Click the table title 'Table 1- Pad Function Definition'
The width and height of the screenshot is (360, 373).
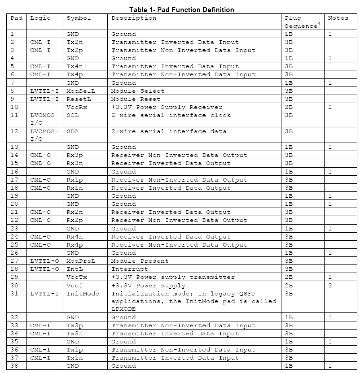coord(181,9)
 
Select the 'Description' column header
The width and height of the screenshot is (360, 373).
coord(134,18)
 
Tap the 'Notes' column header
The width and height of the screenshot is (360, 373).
coord(338,18)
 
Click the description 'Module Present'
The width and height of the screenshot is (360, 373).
coord(140,261)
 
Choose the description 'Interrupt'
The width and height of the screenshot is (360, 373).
coord(130,269)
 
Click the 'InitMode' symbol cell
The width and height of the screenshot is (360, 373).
coord(83,293)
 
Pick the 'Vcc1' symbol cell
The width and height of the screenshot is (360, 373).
coord(75,285)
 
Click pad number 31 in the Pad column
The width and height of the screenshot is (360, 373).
coord(14,293)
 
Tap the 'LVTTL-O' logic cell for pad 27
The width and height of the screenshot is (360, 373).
coord(44,261)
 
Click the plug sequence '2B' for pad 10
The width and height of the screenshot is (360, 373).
coord(289,107)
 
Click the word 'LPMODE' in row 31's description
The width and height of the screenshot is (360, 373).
coord(123,309)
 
